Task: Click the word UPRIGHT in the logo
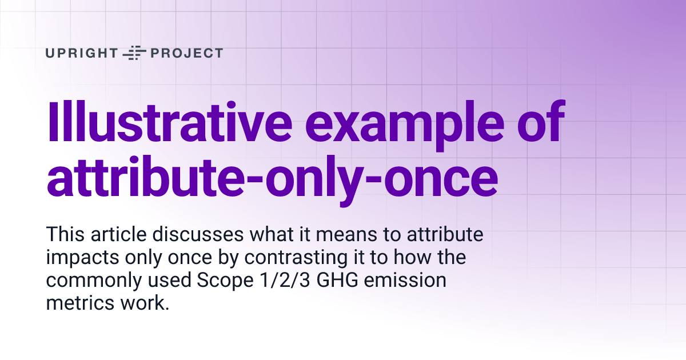82,53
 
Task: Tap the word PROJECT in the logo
186,53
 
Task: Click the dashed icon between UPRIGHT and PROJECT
135,53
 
